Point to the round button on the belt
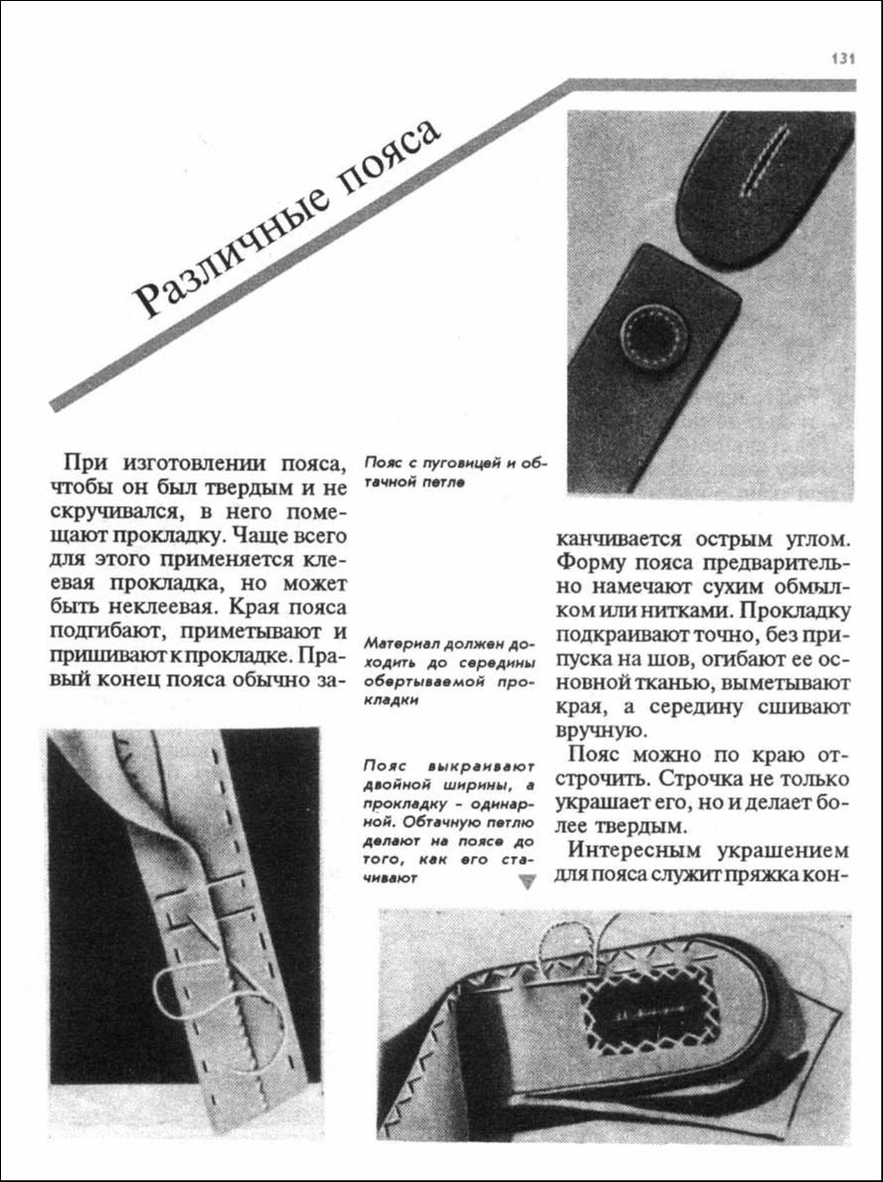(x=653, y=337)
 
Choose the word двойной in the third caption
(x=399, y=788)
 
